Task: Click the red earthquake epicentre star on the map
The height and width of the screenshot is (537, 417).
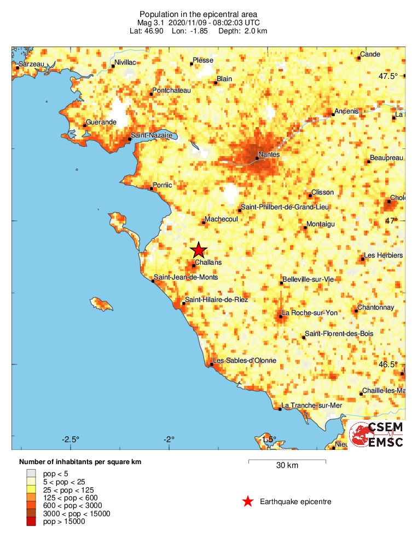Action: click(199, 250)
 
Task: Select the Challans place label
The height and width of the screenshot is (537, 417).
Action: click(208, 262)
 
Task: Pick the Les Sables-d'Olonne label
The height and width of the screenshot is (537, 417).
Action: click(244, 361)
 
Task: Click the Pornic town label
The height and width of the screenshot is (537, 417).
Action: click(164, 185)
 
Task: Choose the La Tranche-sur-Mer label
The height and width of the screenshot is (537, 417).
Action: click(311, 405)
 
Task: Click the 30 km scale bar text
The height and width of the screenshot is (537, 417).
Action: click(287, 466)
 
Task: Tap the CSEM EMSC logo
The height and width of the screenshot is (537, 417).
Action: click(377, 435)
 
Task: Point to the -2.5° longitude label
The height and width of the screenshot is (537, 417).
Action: click(71, 439)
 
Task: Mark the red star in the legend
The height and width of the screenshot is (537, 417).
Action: click(248, 501)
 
